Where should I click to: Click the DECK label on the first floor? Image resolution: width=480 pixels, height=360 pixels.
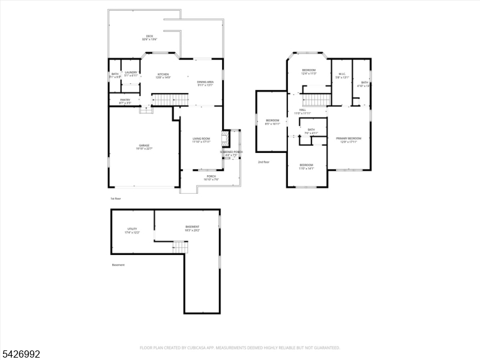[149, 37]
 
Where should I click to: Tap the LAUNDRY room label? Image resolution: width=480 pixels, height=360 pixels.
[131, 73]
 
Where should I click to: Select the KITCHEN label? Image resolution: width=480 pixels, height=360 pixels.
[163, 74]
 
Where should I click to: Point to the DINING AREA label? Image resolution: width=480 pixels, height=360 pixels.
[205, 82]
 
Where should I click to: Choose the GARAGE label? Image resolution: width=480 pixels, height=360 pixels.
[144, 145]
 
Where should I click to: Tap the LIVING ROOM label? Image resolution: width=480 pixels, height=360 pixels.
[201, 139]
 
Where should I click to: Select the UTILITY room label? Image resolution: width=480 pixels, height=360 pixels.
[132, 229]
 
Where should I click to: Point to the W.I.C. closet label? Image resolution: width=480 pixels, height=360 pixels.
[341, 74]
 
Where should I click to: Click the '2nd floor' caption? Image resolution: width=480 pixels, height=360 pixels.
[263, 162]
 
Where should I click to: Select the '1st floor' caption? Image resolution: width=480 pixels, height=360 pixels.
[115, 198]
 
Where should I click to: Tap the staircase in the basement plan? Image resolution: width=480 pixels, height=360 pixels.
[180, 246]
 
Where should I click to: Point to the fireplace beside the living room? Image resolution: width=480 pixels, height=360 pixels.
[225, 139]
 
